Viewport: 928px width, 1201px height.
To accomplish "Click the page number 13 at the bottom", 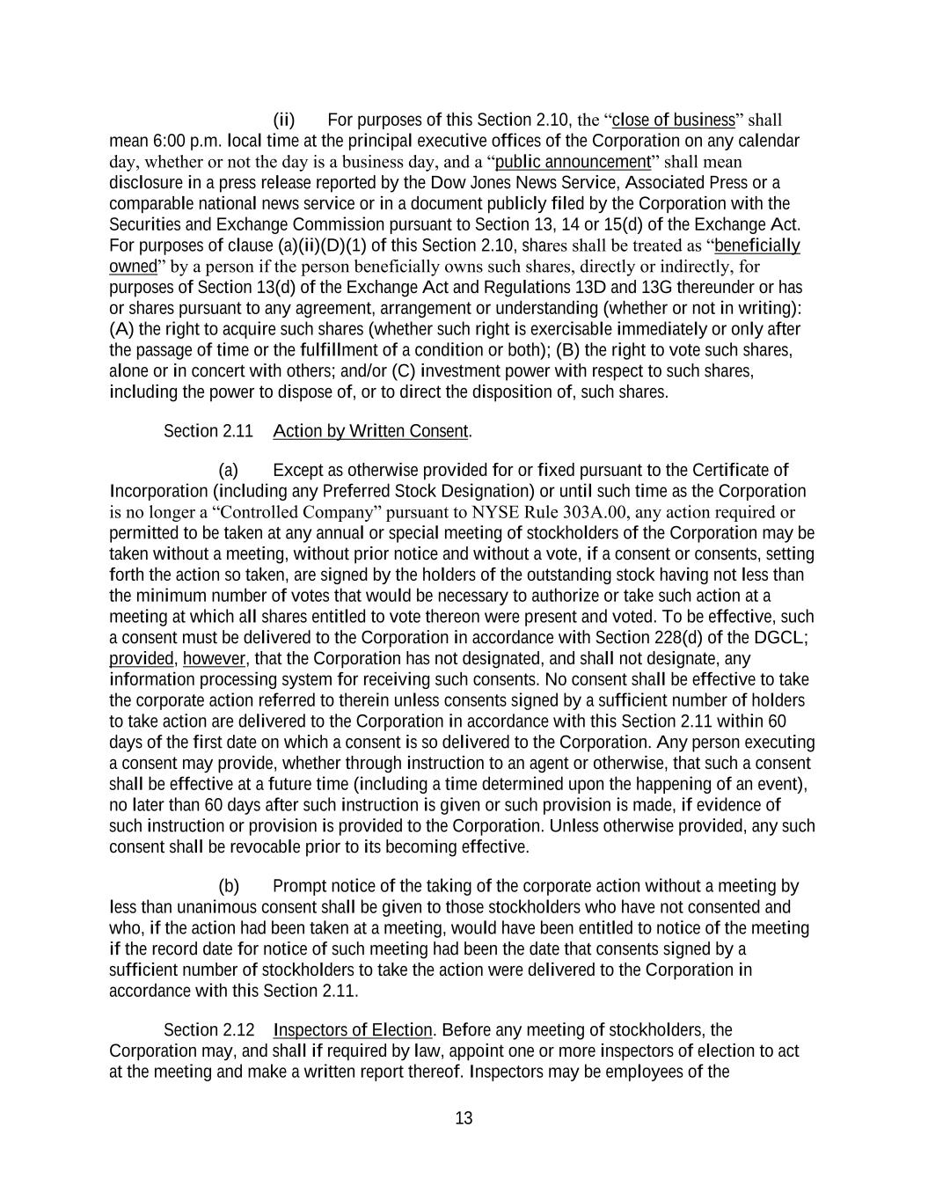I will coord(464,1118).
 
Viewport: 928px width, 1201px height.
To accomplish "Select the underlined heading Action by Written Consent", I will coord(370,431).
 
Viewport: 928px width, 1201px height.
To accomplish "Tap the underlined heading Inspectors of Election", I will coord(353,1030).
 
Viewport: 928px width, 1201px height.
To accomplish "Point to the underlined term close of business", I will coord(673,120).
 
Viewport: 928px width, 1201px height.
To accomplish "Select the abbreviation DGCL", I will coord(783,638).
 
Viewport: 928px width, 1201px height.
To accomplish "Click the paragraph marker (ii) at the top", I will coord(284,120).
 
